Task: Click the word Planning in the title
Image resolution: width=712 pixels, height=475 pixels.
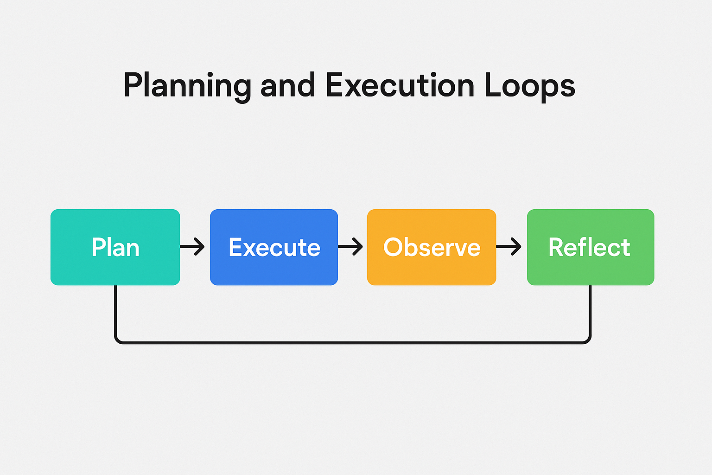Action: [187, 86]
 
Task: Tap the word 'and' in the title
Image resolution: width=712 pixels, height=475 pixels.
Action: [287, 86]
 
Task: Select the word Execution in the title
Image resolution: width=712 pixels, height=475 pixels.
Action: [400, 86]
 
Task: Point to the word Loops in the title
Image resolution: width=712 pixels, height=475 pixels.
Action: [529, 86]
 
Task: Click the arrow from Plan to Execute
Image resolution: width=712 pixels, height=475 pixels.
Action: [192, 247]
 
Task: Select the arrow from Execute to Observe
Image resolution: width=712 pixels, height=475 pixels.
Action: [350, 247]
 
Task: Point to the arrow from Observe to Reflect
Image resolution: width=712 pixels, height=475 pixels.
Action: [509, 247]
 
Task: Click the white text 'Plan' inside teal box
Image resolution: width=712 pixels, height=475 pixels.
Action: [115, 247]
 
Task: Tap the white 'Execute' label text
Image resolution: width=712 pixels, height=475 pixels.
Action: [274, 247]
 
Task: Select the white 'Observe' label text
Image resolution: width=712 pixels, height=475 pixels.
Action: [432, 247]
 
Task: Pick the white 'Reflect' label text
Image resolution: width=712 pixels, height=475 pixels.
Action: [589, 247]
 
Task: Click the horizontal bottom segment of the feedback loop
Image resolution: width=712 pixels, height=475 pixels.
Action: [352, 343]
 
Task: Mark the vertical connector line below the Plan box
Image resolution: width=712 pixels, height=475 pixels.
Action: [115, 311]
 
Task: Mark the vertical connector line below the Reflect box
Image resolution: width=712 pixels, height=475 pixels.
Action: [590, 311]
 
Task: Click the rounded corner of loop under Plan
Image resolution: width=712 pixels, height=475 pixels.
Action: [117, 340]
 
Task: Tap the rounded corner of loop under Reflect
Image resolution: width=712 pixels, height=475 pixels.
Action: [588, 340]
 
